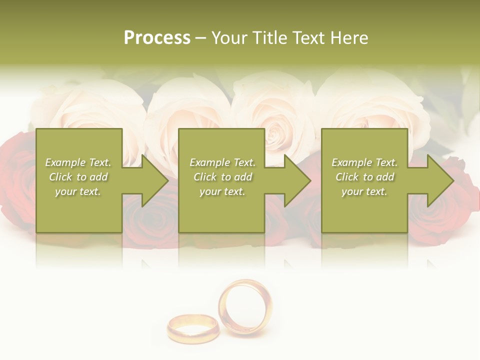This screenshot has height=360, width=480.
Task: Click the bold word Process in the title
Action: coord(157,38)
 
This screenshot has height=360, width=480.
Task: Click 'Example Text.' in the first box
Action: coord(78,162)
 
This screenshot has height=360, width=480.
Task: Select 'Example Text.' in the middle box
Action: coord(222,162)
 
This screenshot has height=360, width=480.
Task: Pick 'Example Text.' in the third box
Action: coord(364,162)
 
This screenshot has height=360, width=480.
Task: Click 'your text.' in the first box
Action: coord(78,191)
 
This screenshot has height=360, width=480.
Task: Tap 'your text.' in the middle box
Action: coord(222,191)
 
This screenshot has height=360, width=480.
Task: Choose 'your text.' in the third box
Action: coord(364,191)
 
